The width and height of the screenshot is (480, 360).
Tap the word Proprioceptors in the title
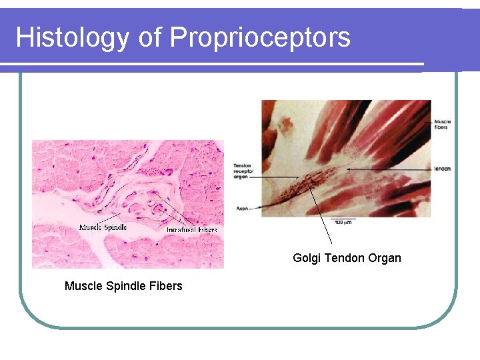point(260,37)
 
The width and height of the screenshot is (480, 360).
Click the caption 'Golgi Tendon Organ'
point(347,258)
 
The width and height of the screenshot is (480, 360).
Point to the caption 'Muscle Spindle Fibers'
point(123,286)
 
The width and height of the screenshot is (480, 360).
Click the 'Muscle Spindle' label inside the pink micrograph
point(103,227)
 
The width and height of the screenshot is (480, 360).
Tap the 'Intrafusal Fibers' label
point(191,229)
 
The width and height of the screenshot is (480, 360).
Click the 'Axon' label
point(242,209)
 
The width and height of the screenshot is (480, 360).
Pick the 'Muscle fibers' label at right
point(442,124)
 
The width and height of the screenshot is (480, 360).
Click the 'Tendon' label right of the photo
point(441,169)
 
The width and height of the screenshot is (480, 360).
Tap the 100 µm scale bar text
point(344,221)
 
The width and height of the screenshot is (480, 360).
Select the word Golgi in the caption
point(307,258)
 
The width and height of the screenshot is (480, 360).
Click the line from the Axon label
point(263,207)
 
